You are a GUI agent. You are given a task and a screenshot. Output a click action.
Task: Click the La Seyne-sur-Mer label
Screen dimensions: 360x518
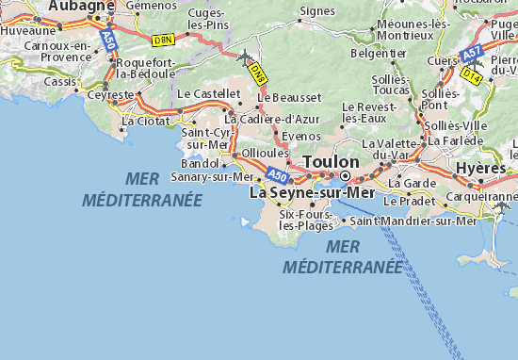click(x=311, y=192)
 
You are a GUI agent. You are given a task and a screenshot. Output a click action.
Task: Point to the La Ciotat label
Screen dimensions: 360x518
click(x=142, y=121)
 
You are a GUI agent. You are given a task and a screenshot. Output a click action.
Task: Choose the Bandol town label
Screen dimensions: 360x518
click(x=199, y=163)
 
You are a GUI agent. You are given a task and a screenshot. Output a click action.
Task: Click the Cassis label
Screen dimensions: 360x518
click(x=61, y=81)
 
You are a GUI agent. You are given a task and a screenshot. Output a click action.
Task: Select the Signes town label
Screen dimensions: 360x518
click(x=316, y=12)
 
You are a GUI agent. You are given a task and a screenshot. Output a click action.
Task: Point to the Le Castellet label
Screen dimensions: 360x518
click(x=208, y=94)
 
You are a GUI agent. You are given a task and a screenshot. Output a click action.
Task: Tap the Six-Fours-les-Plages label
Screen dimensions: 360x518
click(x=306, y=220)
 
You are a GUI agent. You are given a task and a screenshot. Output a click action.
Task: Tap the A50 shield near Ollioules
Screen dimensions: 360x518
click(x=276, y=175)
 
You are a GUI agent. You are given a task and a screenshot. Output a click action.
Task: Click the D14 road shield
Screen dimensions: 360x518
click(x=472, y=76)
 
